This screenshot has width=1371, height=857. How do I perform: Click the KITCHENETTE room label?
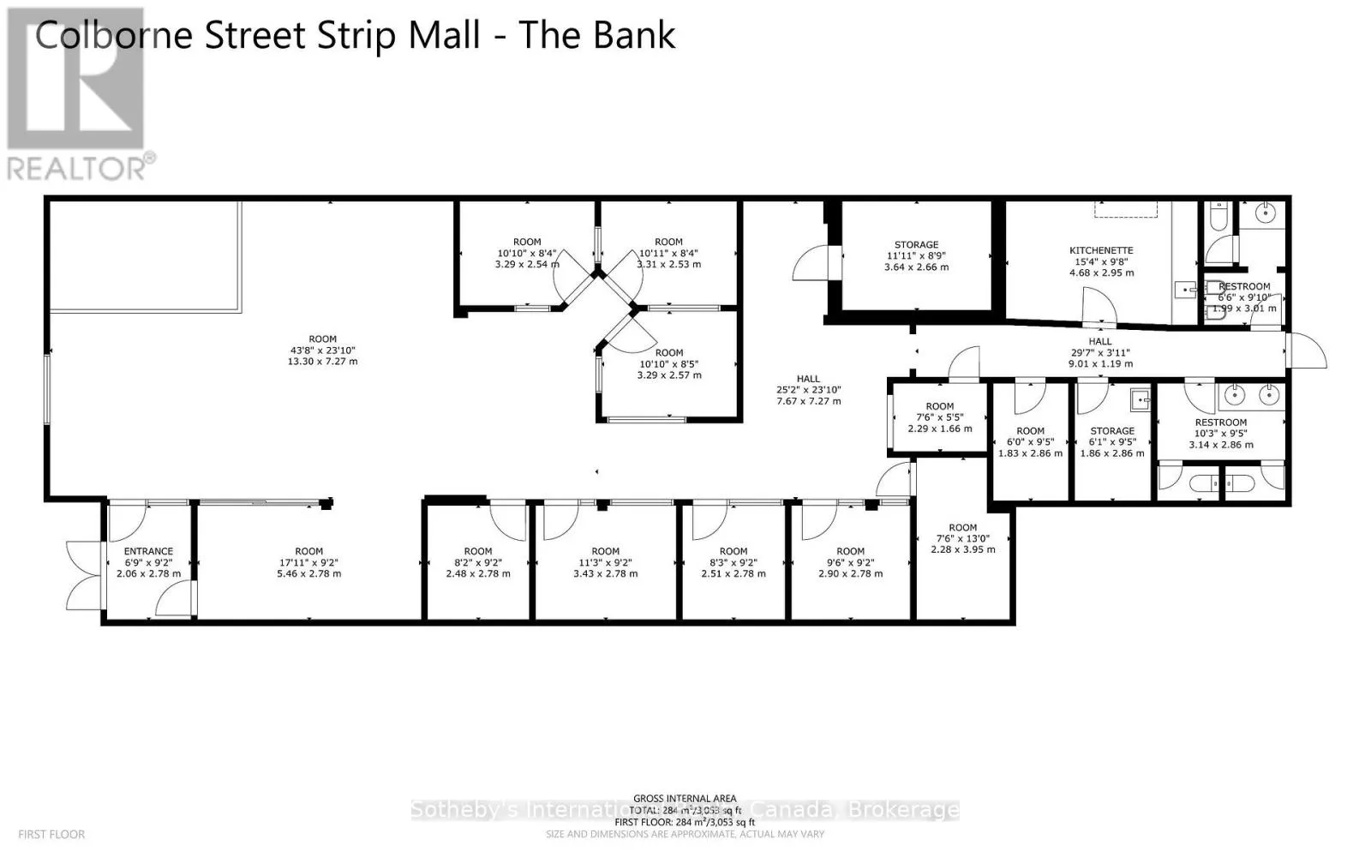(1101, 250)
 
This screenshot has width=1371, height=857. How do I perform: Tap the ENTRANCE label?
(148, 551)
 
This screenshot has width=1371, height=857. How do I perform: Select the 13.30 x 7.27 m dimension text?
(322, 362)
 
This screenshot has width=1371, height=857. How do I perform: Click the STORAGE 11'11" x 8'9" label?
(916, 244)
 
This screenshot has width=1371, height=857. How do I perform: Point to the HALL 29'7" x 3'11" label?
(1100, 342)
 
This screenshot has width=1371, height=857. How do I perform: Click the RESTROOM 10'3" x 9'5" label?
(1220, 423)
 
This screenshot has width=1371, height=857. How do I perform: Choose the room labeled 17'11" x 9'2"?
(308, 562)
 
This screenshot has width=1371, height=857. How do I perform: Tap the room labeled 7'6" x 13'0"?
(962, 538)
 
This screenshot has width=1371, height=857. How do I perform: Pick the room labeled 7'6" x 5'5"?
(939, 417)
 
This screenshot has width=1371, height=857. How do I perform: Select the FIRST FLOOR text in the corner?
(51, 834)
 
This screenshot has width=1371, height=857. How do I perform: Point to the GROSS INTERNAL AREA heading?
(685, 799)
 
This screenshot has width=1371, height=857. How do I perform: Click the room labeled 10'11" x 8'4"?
(668, 253)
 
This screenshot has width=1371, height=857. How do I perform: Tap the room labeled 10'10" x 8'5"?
(668, 363)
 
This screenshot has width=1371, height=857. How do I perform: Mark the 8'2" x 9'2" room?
(478, 562)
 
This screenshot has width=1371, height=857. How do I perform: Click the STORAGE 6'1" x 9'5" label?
(1112, 431)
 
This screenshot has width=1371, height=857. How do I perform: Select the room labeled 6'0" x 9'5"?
(1030, 442)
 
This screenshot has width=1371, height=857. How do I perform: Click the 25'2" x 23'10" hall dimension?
(808, 390)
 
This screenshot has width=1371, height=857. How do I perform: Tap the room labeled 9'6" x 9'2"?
(850, 562)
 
